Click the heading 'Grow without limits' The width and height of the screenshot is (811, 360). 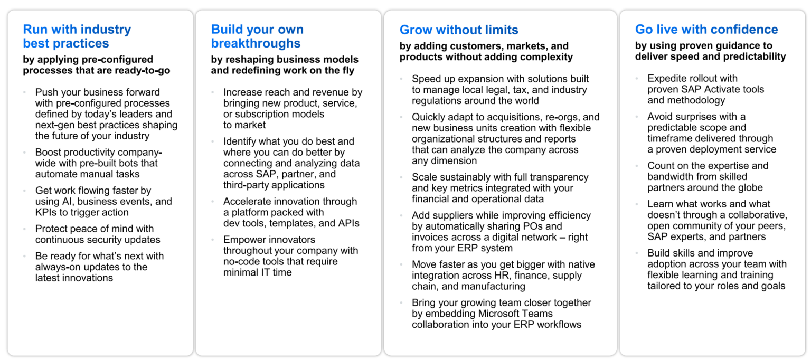coord(459,30)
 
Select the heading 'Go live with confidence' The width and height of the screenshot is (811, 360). coord(706,30)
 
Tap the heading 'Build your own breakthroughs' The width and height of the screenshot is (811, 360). coord(257,36)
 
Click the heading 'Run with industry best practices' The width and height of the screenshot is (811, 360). coord(77,36)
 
